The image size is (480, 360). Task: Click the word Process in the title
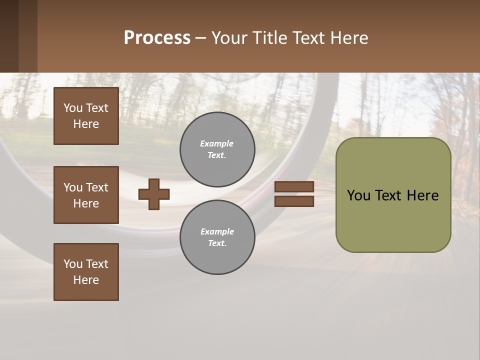coord(157,38)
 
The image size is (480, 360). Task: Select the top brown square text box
coord(86,116)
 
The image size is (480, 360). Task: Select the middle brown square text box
coord(86,195)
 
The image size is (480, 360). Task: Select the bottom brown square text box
coord(86,272)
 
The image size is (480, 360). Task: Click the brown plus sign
coord(154,194)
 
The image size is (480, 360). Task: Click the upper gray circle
coord(217,149)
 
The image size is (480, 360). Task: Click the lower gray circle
coord(217,237)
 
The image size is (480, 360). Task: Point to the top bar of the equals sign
coord(294,187)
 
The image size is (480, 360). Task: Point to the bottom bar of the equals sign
coord(294,201)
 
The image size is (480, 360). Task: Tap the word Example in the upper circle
coord(216,143)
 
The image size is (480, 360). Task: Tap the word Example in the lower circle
coord(217,231)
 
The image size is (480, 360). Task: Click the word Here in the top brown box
coord(86,124)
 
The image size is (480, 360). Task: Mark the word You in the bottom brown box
coord(73,264)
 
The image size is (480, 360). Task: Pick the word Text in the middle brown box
coord(97,187)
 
